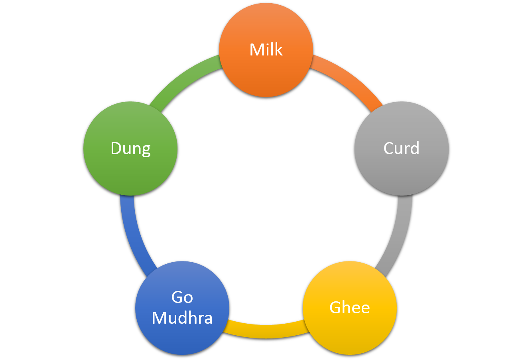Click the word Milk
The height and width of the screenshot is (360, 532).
[266, 50]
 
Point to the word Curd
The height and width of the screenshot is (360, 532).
[401, 148]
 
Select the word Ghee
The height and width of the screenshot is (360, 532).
[350, 308]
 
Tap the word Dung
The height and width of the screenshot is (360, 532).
[130, 149]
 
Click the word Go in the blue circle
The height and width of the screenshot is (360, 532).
[182, 297]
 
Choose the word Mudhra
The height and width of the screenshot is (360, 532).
[182, 318]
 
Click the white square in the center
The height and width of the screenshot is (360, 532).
[265, 180]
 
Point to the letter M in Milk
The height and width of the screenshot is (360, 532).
[256, 50]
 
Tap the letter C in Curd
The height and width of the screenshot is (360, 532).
[388, 148]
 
